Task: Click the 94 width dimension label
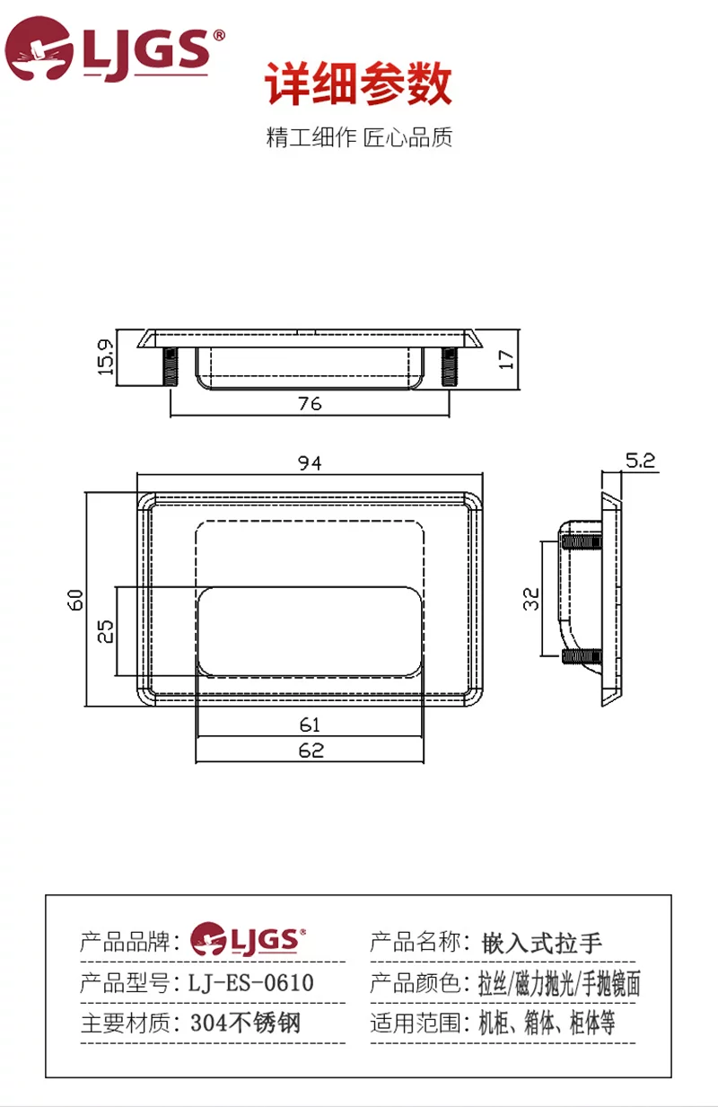[310, 463]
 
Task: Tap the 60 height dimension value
[75, 600]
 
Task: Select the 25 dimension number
[105, 631]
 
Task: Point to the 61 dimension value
[310, 725]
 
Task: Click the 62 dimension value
[311, 751]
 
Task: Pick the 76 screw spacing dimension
[310, 403]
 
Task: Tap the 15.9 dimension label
[105, 356]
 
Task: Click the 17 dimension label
[506, 359]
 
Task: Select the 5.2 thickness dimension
[640, 461]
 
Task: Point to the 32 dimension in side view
[531, 599]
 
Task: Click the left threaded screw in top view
[171, 366]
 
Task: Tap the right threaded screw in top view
[449, 366]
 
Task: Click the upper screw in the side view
[582, 542]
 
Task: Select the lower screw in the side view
[582, 656]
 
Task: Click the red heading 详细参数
[359, 83]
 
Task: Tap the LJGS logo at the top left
[115, 48]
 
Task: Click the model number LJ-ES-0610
[251, 983]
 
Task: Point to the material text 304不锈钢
[246, 1023]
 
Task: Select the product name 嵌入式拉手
[542, 943]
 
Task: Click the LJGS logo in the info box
[248, 939]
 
